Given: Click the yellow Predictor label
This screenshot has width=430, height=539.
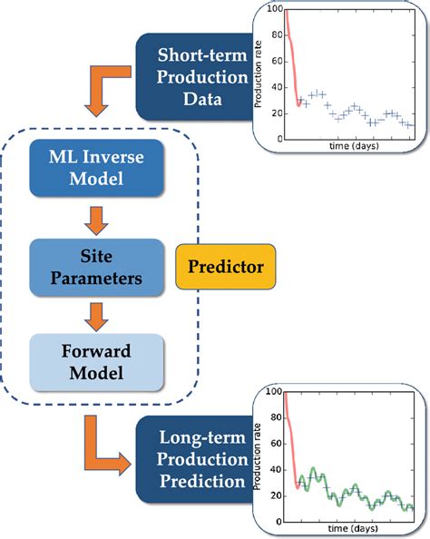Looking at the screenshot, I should point(225,269).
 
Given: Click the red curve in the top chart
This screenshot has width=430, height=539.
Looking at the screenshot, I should point(292,64).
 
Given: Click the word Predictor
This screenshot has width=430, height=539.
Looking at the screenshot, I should point(225,269).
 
